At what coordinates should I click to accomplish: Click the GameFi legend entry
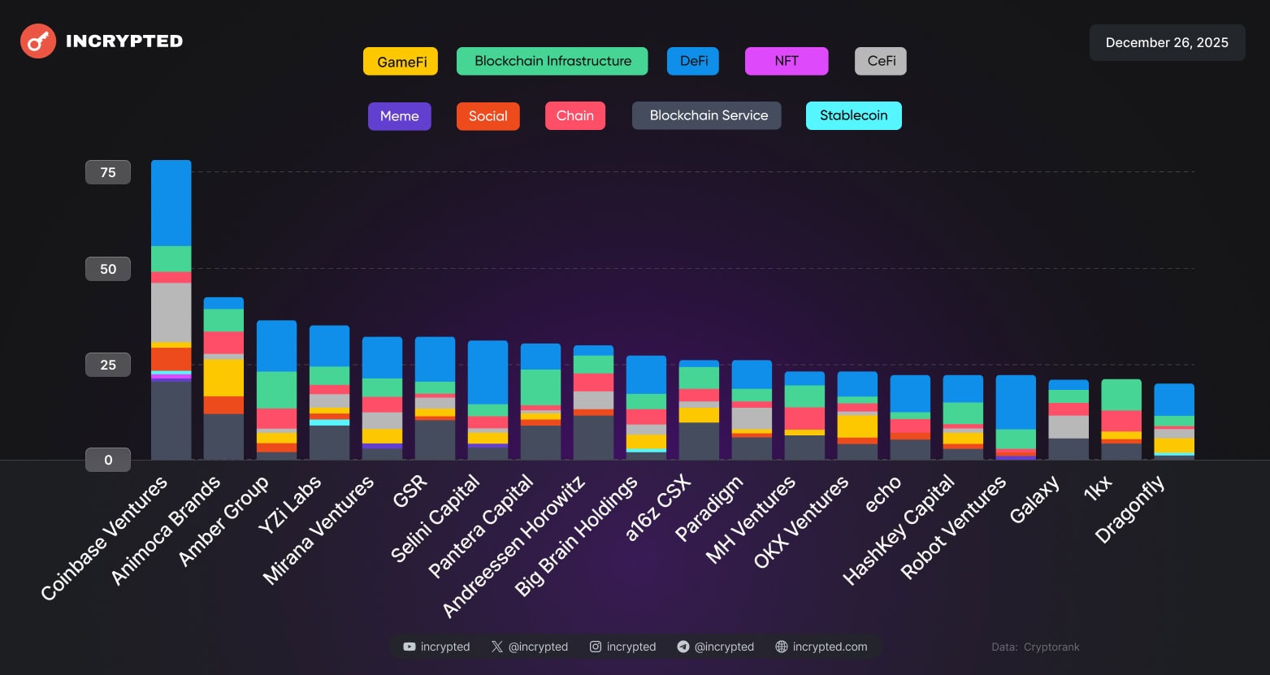pyautogui.click(x=401, y=62)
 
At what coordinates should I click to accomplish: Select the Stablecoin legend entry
pyautogui.click(x=853, y=115)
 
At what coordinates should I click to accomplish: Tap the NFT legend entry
pyautogui.click(x=786, y=61)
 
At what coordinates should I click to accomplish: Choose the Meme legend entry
pyautogui.click(x=399, y=116)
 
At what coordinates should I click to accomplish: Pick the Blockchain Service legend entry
pyautogui.click(x=707, y=115)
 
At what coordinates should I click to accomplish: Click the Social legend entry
pyautogui.click(x=488, y=116)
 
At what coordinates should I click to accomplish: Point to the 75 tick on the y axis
pyautogui.click(x=108, y=172)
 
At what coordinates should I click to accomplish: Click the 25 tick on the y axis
pyautogui.click(x=108, y=365)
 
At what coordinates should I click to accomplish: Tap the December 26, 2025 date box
pyautogui.click(x=1167, y=42)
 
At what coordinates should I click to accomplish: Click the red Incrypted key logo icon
pyautogui.click(x=37, y=41)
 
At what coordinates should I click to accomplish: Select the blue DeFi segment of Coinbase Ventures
pyautogui.click(x=171, y=203)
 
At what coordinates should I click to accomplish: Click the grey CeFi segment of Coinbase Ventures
pyautogui.click(x=171, y=312)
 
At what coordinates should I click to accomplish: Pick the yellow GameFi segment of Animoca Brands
pyautogui.click(x=223, y=378)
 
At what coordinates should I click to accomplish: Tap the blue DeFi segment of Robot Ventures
pyautogui.click(x=1016, y=402)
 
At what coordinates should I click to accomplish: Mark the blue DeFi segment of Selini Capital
pyautogui.click(x=488, y=372)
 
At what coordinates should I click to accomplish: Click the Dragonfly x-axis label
pyautogui.click(x=1129, y=509)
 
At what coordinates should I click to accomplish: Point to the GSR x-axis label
pyautogui.click(x=410, y=491)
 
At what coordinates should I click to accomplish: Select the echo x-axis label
pyautogui.click(x=883, y=494)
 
